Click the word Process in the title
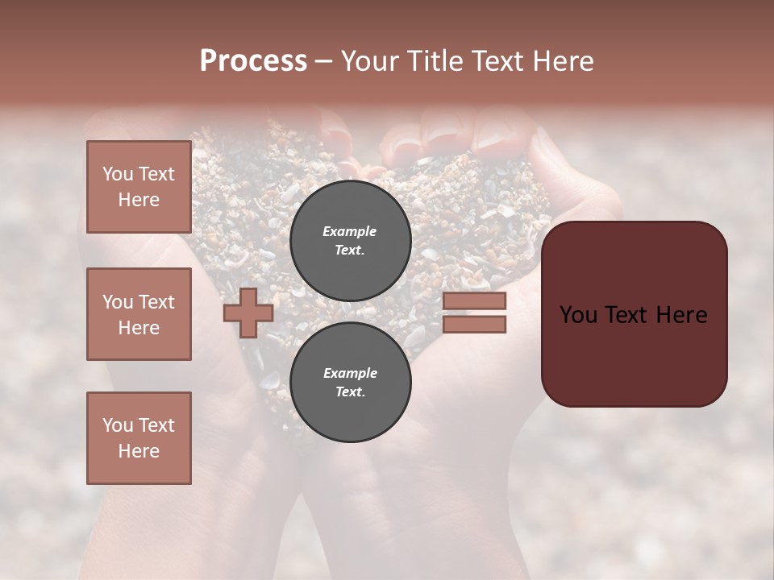pos(253,61)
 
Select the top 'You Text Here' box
pos(139,187)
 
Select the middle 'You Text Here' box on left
pos(139,314)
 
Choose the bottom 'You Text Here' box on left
pos(139,438)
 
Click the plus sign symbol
pos(248,313)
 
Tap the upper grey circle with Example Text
pos(350,241)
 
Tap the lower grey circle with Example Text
pos(350,382)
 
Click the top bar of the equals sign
pos(474,300)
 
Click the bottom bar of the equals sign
pos(474,324)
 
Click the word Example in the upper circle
pos(349,231)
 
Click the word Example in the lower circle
pos(350,373)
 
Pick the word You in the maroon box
pos(579,315)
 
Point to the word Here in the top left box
pos(139,200)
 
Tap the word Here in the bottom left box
pos(139,451)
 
